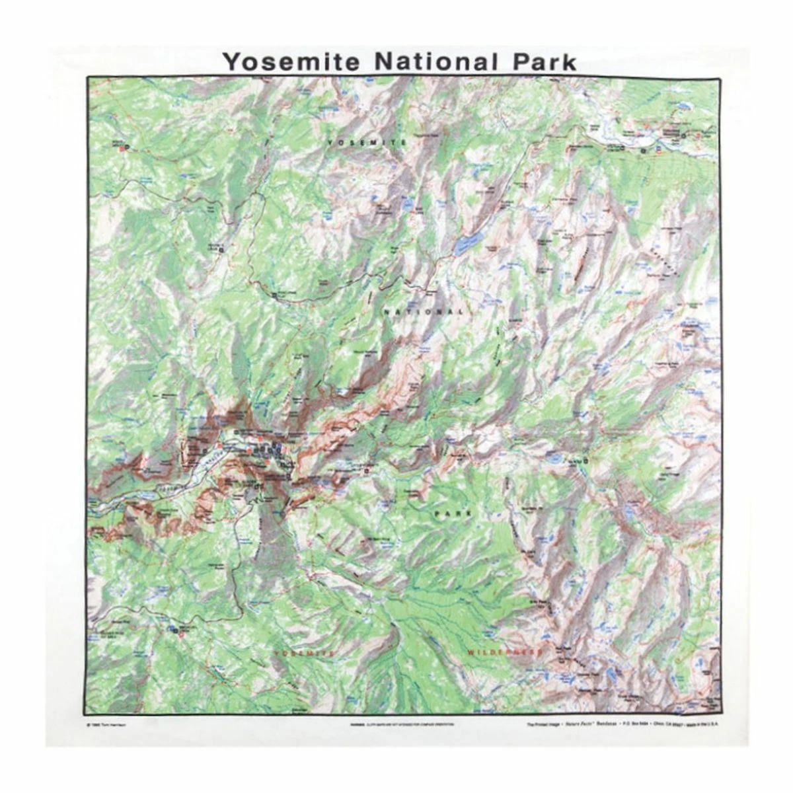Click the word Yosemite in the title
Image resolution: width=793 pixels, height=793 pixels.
(291, 61)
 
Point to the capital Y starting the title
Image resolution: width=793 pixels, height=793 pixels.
(231, 61)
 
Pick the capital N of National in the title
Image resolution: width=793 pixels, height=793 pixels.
(385, 61)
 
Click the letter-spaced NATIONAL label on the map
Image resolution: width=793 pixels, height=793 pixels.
(424, 311)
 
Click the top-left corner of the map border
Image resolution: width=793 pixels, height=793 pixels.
(87, 77)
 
